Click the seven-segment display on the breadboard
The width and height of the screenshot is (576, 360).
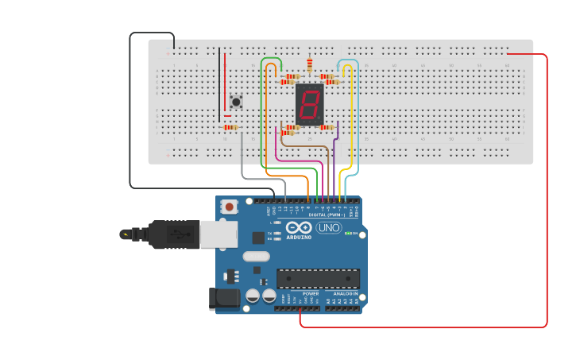(309, 103)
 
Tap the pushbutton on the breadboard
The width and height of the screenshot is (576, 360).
(236, 102)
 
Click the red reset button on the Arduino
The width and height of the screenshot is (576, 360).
(230, 207)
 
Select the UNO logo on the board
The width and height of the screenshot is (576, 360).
(328, 228)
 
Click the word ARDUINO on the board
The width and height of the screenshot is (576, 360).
(299, 237)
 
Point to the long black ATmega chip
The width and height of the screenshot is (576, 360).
(318, 278)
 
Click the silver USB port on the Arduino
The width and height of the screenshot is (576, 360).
(218, 234)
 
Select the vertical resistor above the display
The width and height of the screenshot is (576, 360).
(309, 65)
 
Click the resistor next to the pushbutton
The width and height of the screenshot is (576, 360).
(230, 127)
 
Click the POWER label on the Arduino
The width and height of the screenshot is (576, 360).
(311, 294)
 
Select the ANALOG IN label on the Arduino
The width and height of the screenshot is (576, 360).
(344, 294)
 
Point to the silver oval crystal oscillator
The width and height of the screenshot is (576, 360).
(256, 257)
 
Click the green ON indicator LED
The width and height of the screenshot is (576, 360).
(350, 233)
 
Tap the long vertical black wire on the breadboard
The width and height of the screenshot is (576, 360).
(219, 83)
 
